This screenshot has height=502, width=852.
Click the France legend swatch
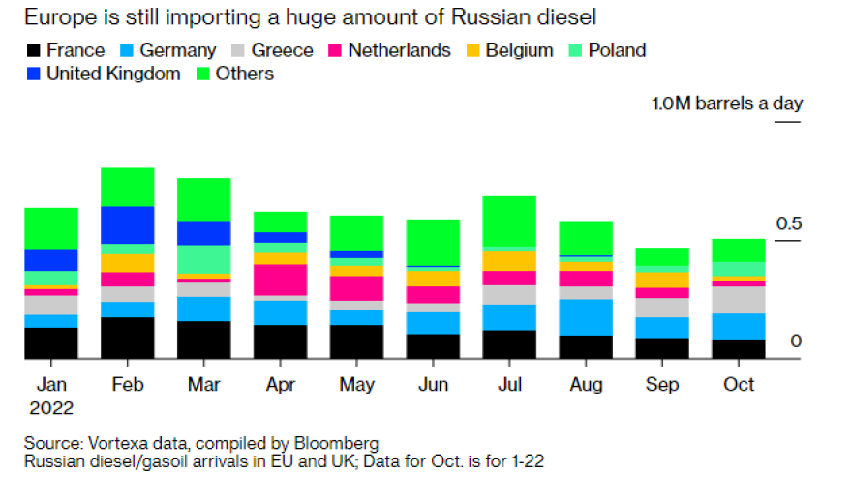click(x=35, y=51)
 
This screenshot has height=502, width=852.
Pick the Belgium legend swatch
click(x=474, y=51)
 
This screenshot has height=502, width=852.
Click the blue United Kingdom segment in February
click(x=127, y=224)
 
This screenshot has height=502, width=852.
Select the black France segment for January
click(x=50, y=343)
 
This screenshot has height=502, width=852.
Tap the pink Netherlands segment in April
click(x=280, y=280)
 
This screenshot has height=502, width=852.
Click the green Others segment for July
click(x=509, y=221)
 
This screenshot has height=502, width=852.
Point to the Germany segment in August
click(x=586, y=316)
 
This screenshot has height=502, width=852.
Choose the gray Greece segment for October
click(x=739, y=300)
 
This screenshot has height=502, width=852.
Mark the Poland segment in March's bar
click(x=203, y=259)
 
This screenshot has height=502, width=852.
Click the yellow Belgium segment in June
click(x=433, y=278)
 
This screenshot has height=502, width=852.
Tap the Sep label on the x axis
click(x=662, y=385)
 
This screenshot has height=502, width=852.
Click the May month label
click(x=356, y=385)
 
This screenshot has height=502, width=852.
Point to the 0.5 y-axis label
click(x=789, y=224)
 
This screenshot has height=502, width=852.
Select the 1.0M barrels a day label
click(x=726, y=103)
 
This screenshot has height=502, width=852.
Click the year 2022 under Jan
click(x=51, y=407)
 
